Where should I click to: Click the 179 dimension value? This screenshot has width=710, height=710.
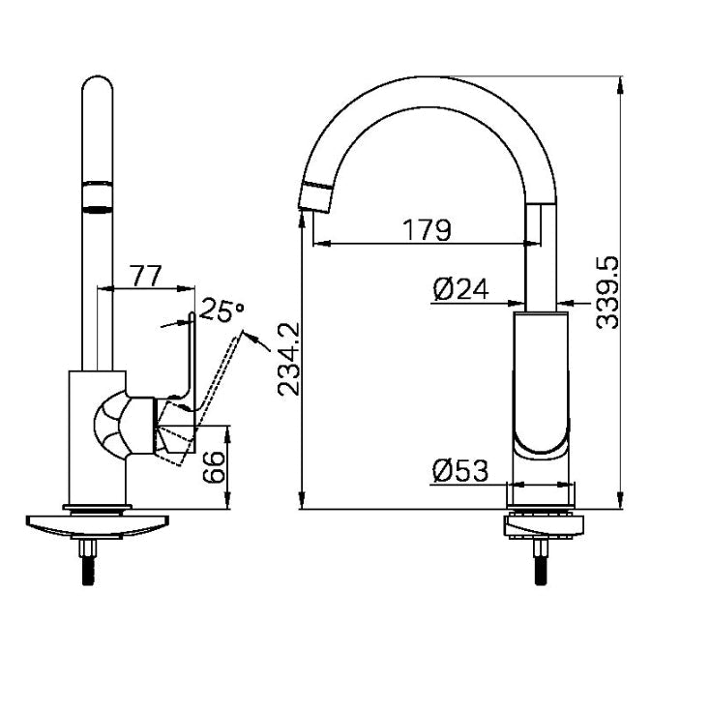(427, 229)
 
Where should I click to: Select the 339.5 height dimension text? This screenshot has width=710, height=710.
(607, 292)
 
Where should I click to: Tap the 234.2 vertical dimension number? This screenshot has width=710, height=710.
(289, 359)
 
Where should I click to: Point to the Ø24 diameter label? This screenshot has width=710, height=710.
(461, 289)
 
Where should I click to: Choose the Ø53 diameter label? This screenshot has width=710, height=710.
(460, 470)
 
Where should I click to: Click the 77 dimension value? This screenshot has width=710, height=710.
(145, 276)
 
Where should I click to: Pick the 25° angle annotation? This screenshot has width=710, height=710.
(222, 310)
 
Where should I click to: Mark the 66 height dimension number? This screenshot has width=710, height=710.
(214, 467)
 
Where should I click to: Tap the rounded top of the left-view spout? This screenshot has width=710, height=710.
(98, 84)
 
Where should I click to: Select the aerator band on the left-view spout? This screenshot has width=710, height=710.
(98, 197)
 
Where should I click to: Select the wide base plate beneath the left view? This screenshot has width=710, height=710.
(98, 526)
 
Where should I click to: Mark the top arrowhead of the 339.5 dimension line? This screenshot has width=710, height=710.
(620, 85)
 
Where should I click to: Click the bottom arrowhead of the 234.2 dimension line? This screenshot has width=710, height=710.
(302, 500)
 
